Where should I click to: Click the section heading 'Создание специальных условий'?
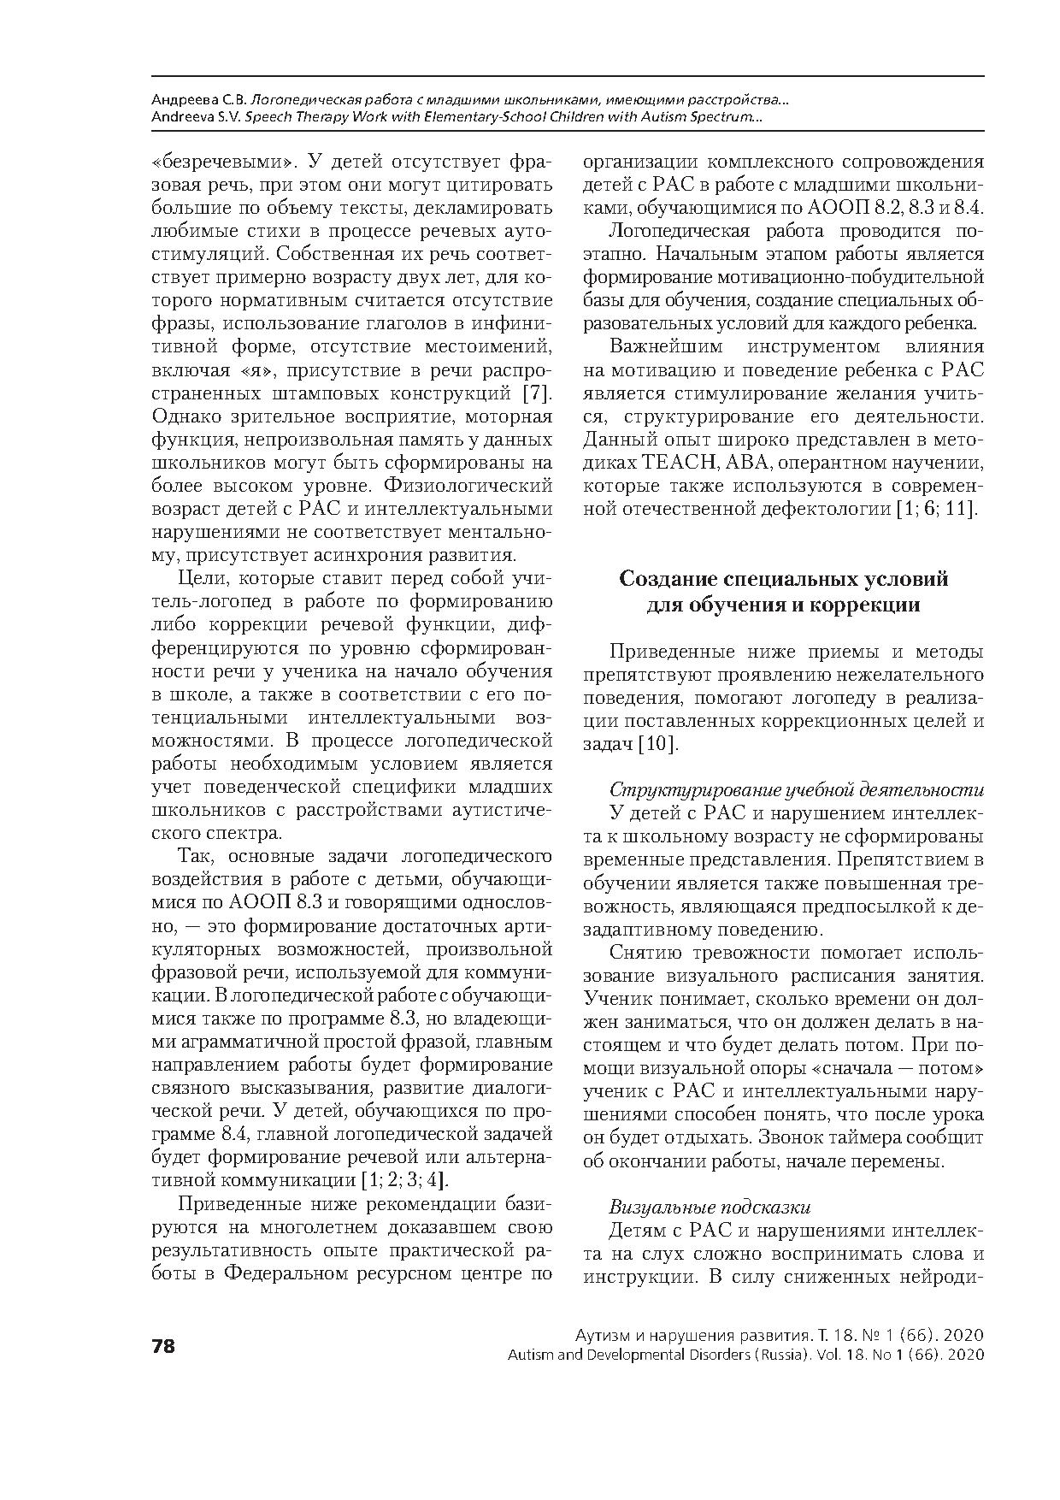pos(783,580)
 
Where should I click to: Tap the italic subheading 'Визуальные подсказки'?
pos(710,1208)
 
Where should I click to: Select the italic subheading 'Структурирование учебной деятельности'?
pos(796,789)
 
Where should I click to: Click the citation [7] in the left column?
pos(537,393)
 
